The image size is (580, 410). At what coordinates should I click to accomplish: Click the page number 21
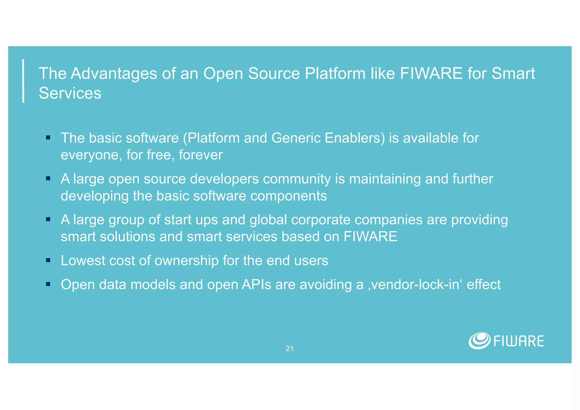pos(289,349)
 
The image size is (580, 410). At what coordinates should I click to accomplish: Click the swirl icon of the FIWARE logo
pos(479,341)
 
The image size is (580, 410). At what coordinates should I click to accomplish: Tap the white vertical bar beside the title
pos(23,81)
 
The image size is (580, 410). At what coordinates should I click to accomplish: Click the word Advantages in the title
pos(114,73)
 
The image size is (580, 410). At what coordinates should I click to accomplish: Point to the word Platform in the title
pos(335,73)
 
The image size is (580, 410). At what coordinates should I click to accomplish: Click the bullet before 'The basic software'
pos(48,138)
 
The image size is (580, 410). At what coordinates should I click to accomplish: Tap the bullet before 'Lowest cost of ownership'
pos(48,260)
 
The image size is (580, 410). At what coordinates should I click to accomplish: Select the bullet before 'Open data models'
pos(48,284)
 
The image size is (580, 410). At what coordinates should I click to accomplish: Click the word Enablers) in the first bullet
pos(355,138)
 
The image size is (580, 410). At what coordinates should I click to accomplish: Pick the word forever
pos(201,155)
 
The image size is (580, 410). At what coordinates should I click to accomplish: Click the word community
pos(297,179)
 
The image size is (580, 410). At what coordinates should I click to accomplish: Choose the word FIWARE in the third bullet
pos(370,237)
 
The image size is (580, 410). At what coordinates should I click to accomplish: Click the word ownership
pos(187,260)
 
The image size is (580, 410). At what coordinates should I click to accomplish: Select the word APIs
pos(257,284)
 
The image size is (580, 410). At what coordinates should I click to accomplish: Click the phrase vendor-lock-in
pos(415,284)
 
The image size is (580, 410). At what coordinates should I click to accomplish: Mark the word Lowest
pos(83,260)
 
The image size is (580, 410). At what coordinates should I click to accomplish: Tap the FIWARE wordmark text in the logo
pos(519,341)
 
